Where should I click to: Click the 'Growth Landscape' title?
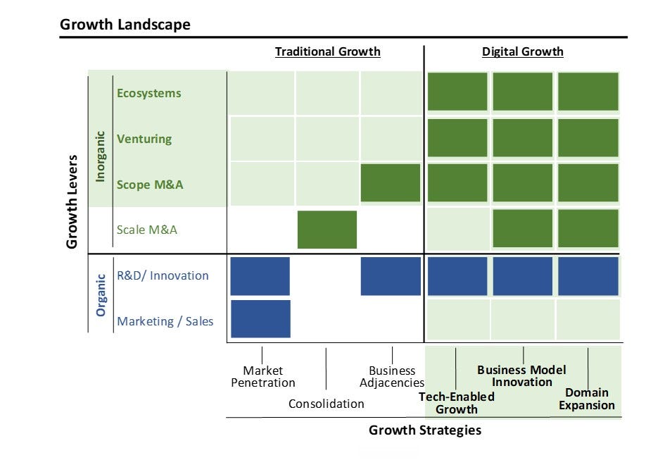click(125, 25)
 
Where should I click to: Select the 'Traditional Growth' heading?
click(327, 51)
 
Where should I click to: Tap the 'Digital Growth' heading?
click(522, 51)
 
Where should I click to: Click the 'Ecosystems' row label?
click(148, 93)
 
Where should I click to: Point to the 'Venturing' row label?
click(144, 139)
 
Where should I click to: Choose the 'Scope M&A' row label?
click(150, 185)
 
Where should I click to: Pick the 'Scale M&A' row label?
click(146, 230)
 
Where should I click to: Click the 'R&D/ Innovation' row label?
click(163, 275)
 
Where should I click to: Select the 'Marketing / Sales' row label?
click(165, 321)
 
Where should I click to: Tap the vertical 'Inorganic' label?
click(100, 156)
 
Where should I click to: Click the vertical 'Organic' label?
click(101, 295)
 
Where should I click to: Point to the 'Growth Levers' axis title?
click(72, 201)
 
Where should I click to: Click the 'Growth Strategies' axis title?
click(425, 430)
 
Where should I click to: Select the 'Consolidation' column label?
click(327, 404)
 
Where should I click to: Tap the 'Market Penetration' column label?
click(263, 377)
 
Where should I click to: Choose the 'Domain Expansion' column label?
click(587, 399)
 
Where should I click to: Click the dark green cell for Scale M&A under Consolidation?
click(327, 230)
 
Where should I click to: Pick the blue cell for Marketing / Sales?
click(260, 319)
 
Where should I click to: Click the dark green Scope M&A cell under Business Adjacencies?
click(391, 182)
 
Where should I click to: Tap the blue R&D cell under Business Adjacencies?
click(391, 276)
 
